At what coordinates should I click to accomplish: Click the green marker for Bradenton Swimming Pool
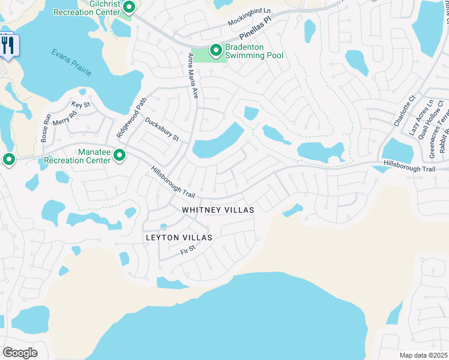(215, 50)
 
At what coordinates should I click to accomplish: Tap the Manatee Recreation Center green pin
(119, 155)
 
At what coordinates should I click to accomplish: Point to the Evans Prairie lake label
(71, 63)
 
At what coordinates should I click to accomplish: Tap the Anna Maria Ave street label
(193, 76)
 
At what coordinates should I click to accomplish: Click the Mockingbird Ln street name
(249, 18)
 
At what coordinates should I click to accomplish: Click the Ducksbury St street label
(162, 129)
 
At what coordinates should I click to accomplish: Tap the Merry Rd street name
(65, 115)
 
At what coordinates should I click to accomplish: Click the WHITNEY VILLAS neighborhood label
(218, 210)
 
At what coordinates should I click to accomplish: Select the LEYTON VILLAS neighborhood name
(179, 238)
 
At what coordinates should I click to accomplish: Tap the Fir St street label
(188, 251)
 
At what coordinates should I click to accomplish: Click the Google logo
(20, 352)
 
